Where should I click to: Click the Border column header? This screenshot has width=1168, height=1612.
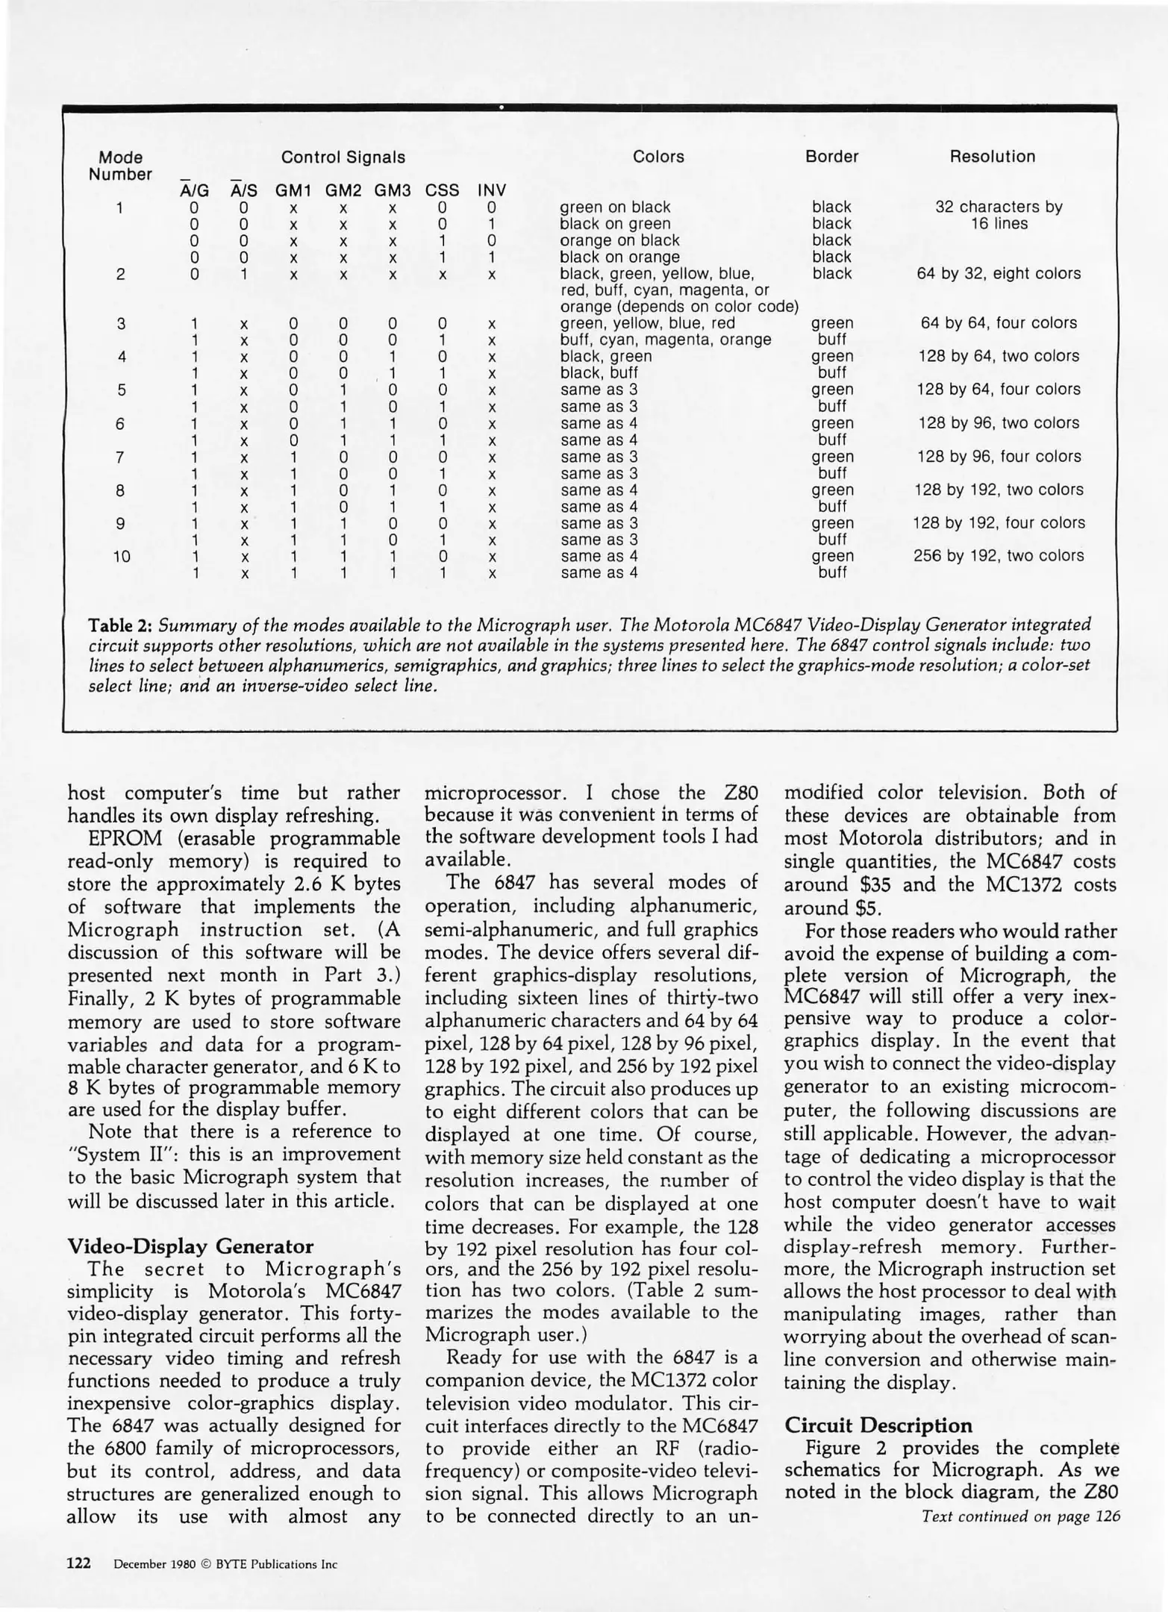(831, 157)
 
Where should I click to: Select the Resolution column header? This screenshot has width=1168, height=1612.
(992, 157)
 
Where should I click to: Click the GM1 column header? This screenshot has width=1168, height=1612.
(293, 191)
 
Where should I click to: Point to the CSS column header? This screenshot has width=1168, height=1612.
(442, 191)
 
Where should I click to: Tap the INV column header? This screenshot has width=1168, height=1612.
(492, 191)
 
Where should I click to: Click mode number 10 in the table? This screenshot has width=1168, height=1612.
(121, 556)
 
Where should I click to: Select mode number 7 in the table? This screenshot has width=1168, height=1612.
(121, 456)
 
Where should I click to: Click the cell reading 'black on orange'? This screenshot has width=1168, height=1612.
(619, 257)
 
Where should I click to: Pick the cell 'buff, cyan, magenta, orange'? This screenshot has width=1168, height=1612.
(666, 340)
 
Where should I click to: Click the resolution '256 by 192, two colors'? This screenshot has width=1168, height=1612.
(999, 555)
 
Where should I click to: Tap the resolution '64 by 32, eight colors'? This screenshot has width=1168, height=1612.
(999, 274)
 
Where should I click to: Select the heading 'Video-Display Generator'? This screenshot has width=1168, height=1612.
(190, 1246)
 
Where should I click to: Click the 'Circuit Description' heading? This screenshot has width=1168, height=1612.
(878, 1425)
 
